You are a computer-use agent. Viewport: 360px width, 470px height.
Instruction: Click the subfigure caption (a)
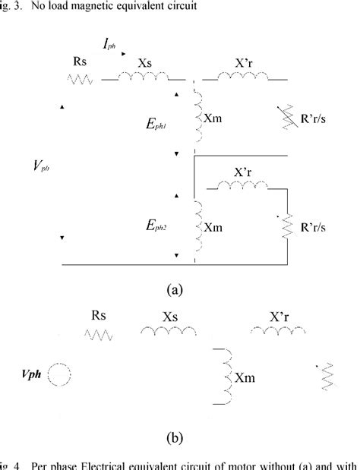click(173, 289)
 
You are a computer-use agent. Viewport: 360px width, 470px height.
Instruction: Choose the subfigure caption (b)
click(174, 438)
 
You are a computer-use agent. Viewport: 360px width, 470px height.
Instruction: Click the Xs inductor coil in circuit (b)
click(169, 332)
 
